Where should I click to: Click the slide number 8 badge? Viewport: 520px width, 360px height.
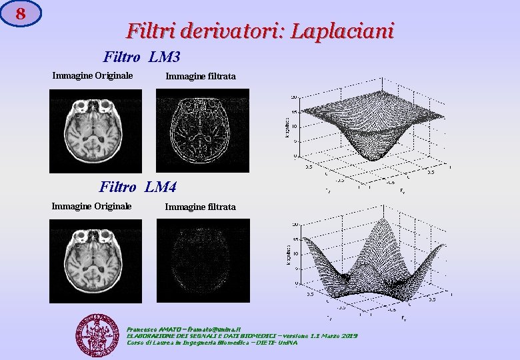[21, 13]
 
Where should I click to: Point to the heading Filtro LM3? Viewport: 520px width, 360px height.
[141, 58]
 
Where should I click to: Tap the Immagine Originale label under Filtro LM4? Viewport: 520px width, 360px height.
[91, 205]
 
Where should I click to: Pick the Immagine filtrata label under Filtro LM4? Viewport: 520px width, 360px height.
[200, 207]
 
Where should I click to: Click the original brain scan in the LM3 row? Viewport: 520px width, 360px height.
[95, 130]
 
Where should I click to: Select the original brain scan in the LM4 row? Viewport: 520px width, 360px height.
[95, 261]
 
